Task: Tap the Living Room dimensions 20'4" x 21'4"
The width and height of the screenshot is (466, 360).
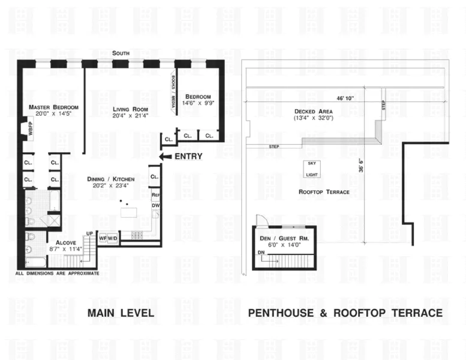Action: [130, 116]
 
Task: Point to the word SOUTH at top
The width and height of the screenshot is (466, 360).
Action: [121, 54]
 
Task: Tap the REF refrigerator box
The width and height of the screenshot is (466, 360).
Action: [155, 195]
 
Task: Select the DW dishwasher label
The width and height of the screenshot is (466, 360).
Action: [155, 206]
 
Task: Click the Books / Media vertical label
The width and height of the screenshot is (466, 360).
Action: [173, 91]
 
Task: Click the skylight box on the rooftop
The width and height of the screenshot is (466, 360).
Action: [311, 169]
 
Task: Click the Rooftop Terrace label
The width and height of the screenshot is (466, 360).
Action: [324, 191]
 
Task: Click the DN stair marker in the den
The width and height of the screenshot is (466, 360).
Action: [260, 253]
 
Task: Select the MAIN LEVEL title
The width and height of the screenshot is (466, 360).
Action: [121, 313]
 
